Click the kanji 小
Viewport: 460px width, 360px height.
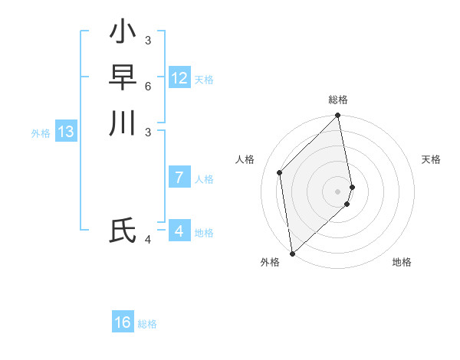pos(123,32)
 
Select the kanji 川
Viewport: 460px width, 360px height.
pos(123,123)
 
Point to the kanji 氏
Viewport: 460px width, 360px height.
pos(123,231)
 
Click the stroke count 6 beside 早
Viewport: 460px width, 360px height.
pos(148,86)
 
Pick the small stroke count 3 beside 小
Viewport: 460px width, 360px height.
pos(148,40)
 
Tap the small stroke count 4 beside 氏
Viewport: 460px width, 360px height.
pos(148,240)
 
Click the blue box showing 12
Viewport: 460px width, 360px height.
pos(179,78)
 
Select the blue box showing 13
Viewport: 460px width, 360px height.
pos(66,132)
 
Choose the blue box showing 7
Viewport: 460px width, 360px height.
pos(179,178)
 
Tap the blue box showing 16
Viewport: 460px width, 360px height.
pos(123,322)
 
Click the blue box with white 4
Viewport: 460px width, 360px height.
pos(179,231)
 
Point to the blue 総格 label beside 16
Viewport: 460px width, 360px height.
pos(147,324)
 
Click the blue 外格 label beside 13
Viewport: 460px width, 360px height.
pos(41,133)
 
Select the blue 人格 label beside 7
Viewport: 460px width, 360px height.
pos(204,179)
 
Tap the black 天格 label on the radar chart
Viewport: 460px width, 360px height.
pos(431,159)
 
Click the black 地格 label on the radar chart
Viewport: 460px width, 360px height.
pos(402,262)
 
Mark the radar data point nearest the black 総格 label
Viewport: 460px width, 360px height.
pos(338,116)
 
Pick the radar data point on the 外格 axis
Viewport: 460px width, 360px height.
pos(292,253)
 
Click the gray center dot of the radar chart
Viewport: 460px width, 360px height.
pos(338,191)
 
